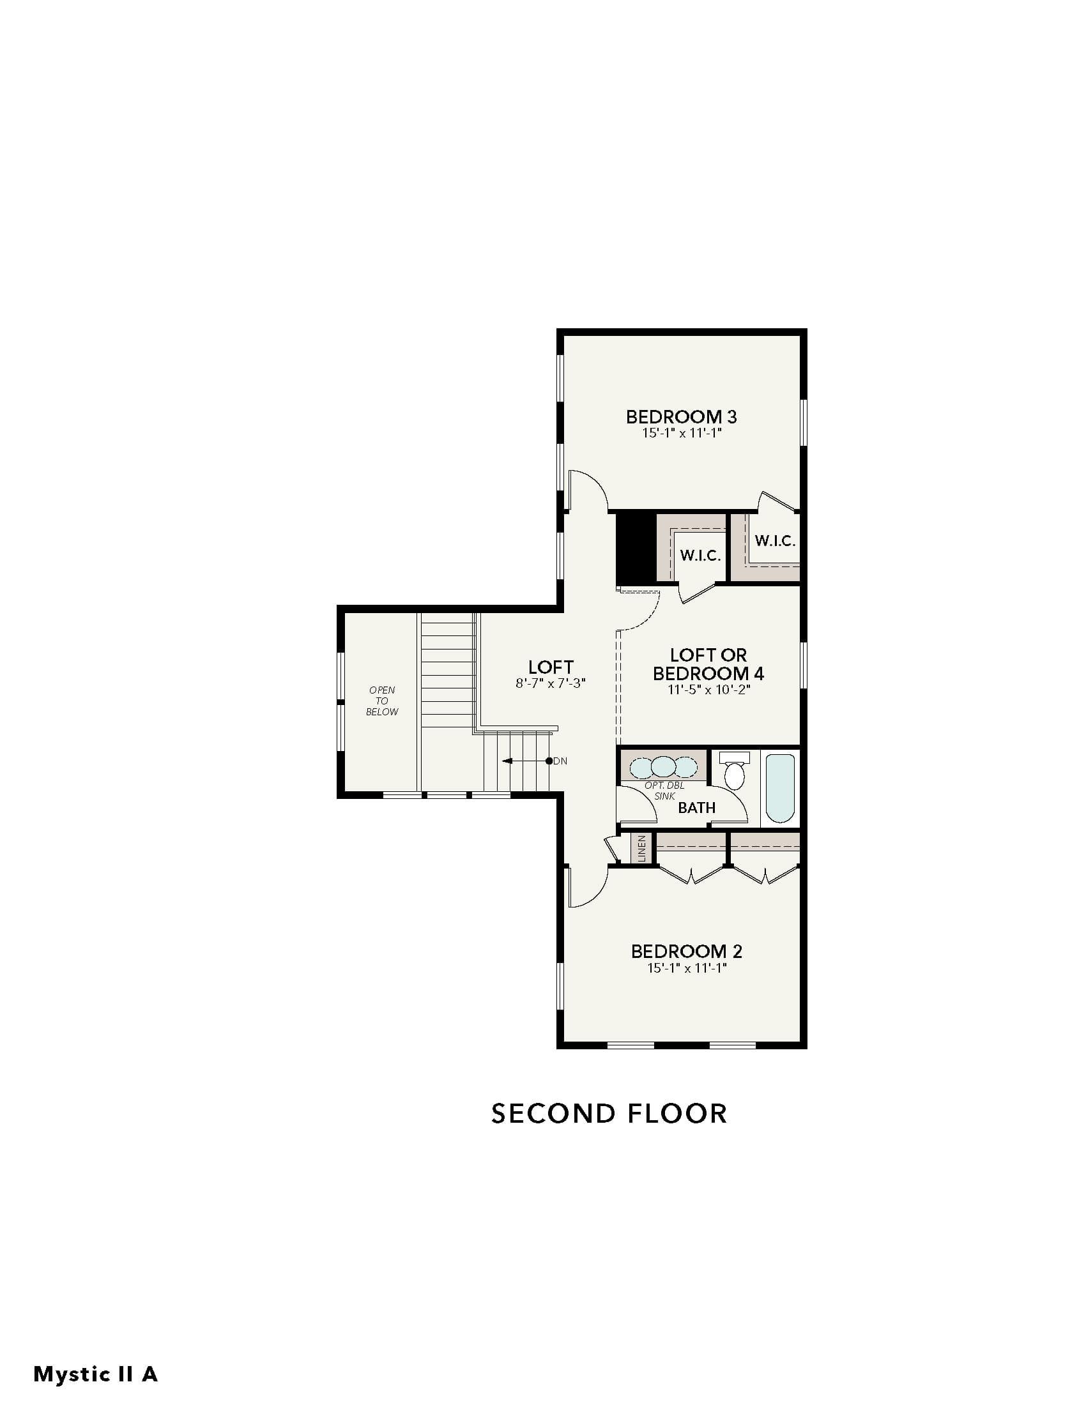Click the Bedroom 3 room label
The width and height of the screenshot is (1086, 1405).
pos(682,416)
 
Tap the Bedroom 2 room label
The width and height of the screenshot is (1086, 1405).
pos(687,951)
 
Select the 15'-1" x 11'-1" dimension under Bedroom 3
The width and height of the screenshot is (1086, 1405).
pos(682,433)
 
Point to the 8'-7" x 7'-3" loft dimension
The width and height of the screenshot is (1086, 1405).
pos(551,683)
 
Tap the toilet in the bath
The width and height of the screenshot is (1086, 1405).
pos(734,770)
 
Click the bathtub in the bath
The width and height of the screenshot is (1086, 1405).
pos(781,788)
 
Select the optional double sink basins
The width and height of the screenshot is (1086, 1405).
pos(663,767)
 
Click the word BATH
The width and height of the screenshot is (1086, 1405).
pos(697,807)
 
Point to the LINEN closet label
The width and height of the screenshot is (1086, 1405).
pos(641,849)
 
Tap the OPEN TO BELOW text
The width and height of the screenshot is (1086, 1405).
pos(382,701)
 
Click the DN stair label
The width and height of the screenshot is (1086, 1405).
pos(560,761)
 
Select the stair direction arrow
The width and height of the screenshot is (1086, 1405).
pos(526,761)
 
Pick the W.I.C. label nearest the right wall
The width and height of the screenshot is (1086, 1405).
pos(776,540)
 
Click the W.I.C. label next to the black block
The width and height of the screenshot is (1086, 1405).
pos(701,555)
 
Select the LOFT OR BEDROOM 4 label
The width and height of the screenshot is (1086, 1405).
pos(708,664)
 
